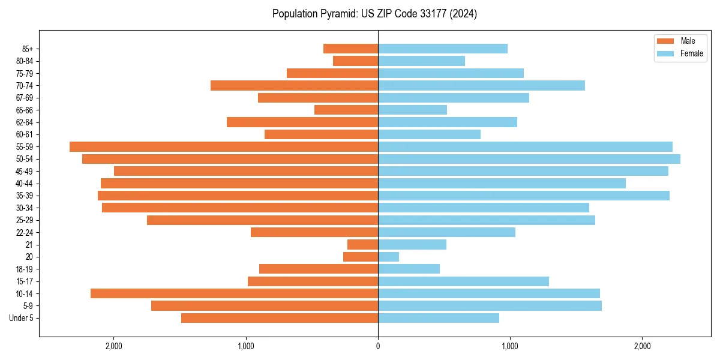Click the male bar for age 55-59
coord(224,146)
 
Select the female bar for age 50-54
coord(529,159)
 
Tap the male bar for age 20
coord(361,257)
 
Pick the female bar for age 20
coord(388,257)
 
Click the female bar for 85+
coord(442,49)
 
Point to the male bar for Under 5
coord(280,318)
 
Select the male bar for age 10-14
coord(234,293)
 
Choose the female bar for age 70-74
coord(481,85)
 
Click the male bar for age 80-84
coord(355,61)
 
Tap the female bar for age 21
coord(412,245)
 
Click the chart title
coord(374,14)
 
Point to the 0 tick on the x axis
coord(378,346)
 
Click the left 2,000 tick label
coord(113,346)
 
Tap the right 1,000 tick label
coord(510,346)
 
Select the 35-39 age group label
coord(25,196)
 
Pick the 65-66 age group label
coord(25,110)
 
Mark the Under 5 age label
coord(22,318)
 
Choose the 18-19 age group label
coord(25,269)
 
